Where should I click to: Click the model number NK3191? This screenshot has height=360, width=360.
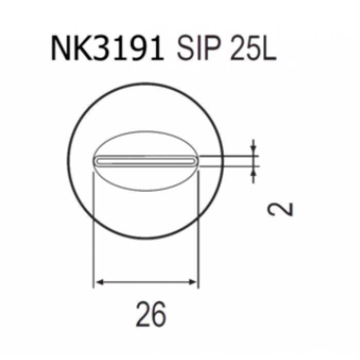pyautogui.click(x=107, y=48)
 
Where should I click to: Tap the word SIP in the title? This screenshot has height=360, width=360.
pyautogui.click(x=199, y=48)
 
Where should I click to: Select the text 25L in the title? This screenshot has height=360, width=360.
pyautogui.click(x=253, y=48)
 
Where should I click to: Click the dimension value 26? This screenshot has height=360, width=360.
pyautogui.click(x=151, y=314)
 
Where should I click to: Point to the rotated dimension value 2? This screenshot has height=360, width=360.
pyautogui.click(x=280, y=209)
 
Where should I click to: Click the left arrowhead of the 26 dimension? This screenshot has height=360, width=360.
pyautogui.click(x=100, y=282)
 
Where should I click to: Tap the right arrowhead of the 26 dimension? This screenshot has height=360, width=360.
pyautogui.click(x=192, y=282)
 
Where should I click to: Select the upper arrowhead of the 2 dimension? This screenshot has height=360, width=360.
pyautogui.click(x=253, y=152)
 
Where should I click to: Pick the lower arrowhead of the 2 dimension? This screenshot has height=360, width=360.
pyautogui.click(x=253, y=171)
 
